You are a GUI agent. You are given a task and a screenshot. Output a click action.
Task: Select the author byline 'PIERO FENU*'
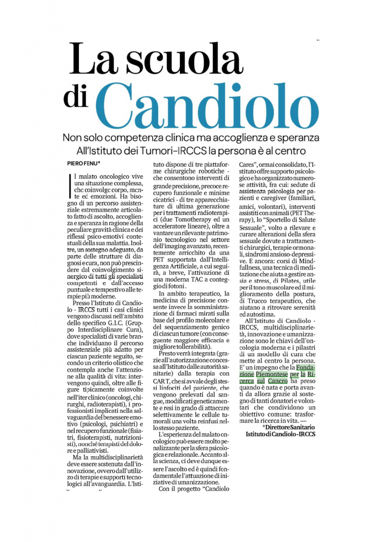85,165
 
